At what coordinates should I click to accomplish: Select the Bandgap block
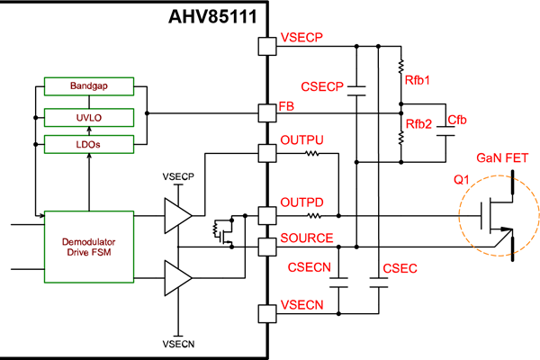pyautogui.click(x=88, y=86)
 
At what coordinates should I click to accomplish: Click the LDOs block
pyautogui.click(x=88, y=142)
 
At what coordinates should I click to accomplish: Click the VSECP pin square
pyautogui.click(x=266, y=45)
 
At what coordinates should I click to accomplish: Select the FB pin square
pyautogui.click(x=266, y=113)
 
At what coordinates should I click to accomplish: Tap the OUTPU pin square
pyautogui.click(x=266, y=152)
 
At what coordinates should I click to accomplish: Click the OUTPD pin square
pyautogui.click(x=266, y=215)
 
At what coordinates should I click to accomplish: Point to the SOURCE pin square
pyautogui.click(x=266, y=245)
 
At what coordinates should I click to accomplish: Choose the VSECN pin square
pyautogui.click(x=266, y=313)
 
